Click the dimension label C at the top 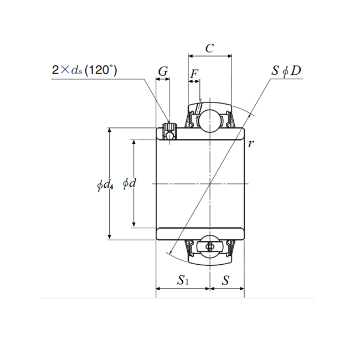[209, 48]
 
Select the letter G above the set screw [163, 71]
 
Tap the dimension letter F [194, 74]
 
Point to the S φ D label [286, 71]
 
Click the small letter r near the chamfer [251, 143]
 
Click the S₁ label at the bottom [183, 281]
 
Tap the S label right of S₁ [225, 280]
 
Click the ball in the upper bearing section [209, 120]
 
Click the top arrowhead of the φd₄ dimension [110, 131]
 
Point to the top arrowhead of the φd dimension [133, 142]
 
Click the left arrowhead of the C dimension [191, 56]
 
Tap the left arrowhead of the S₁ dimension [159, 289]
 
